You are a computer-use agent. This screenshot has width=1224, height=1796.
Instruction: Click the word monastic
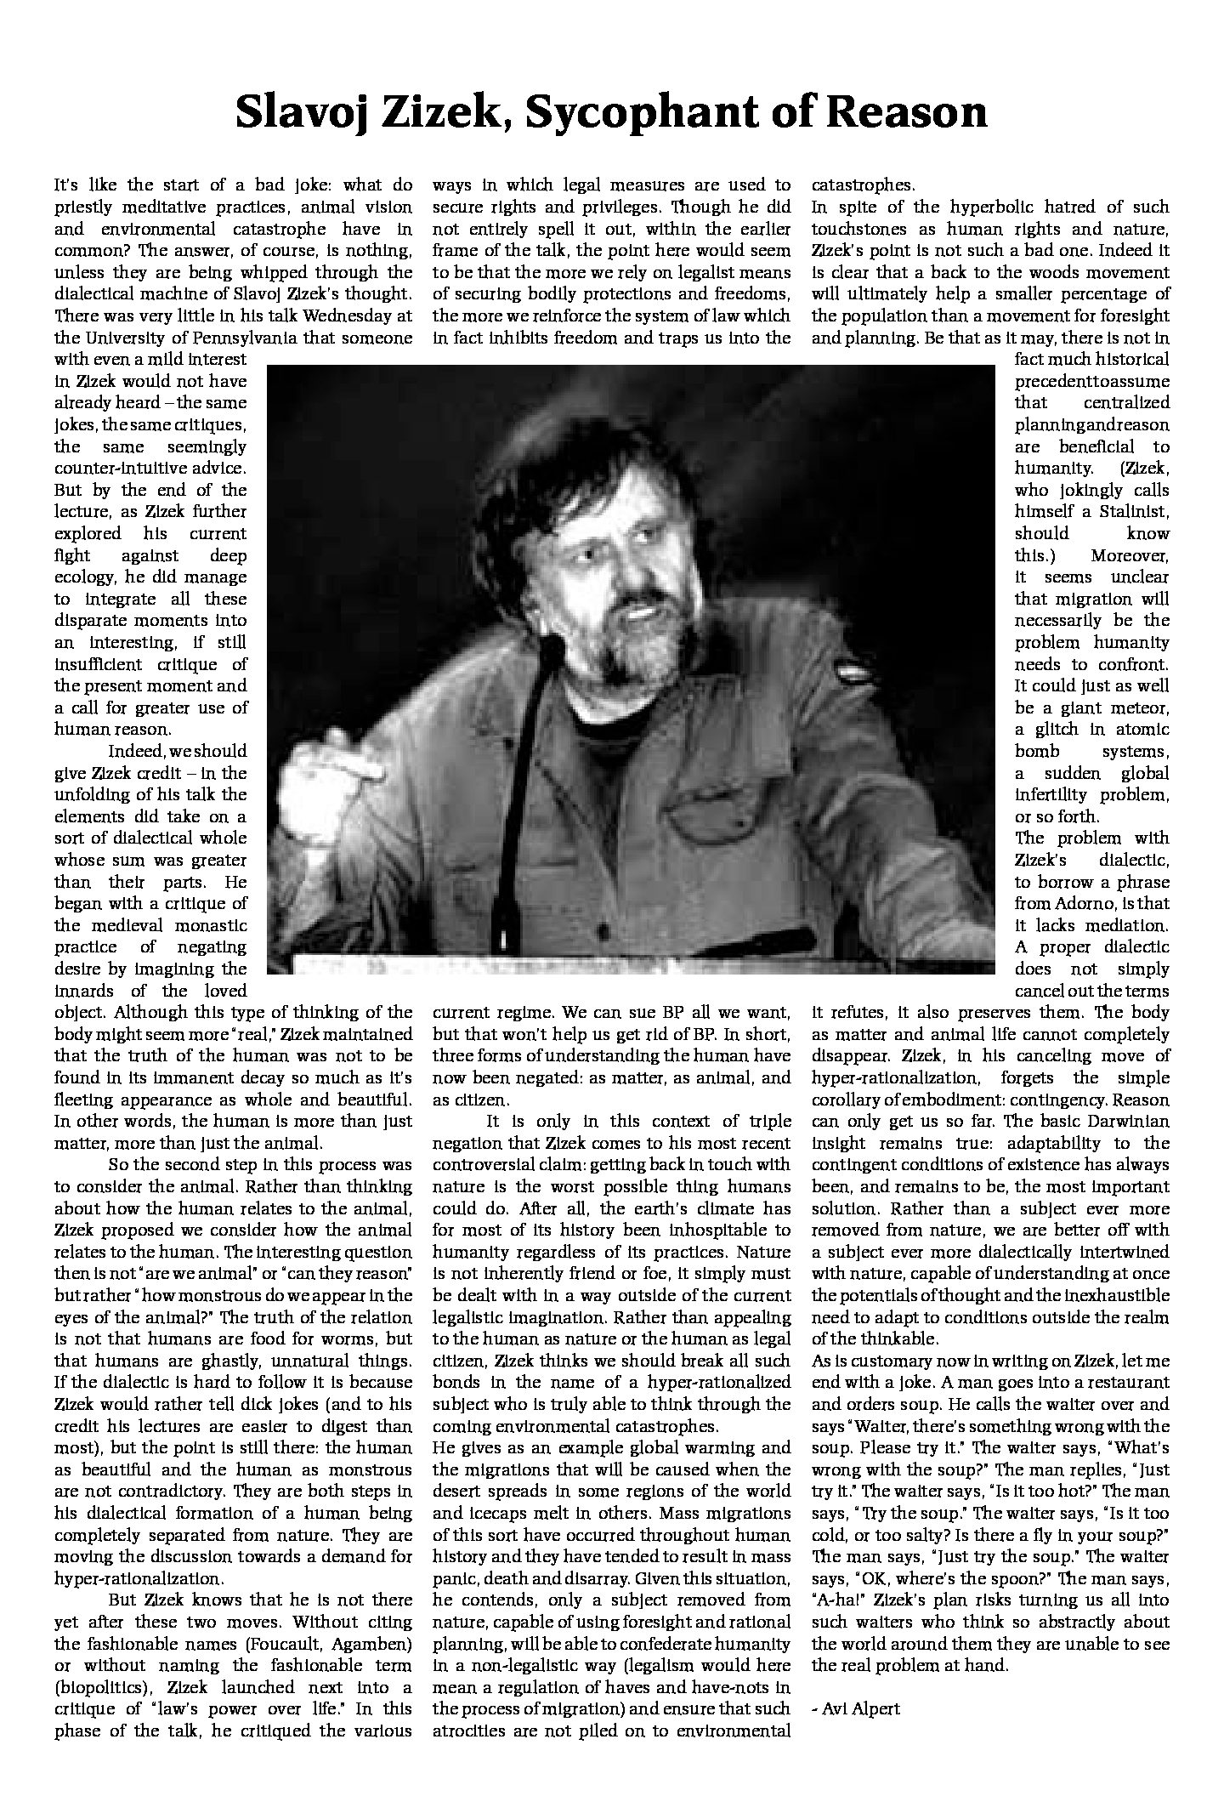click(210, 925)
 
